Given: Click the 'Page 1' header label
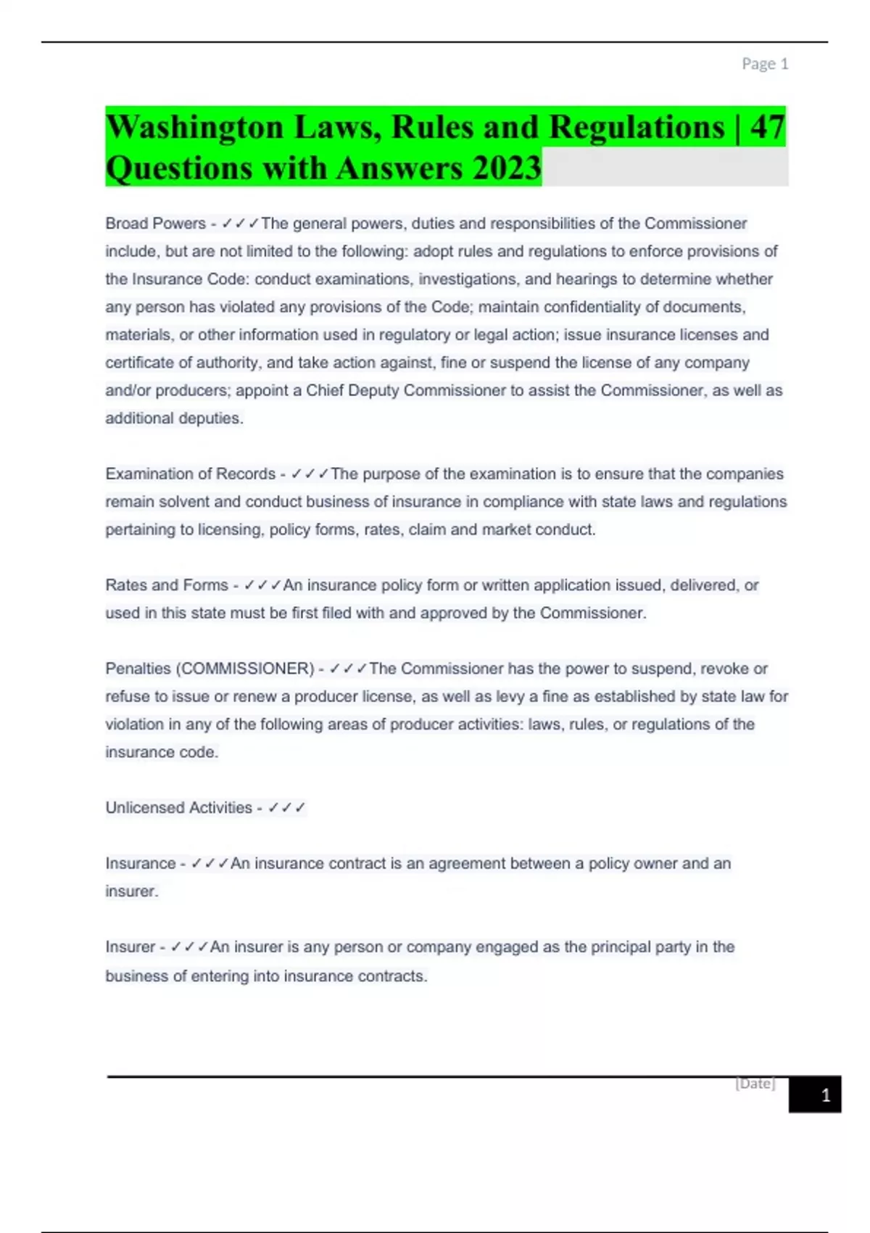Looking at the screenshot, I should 764,64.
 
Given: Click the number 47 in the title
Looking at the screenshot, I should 768,128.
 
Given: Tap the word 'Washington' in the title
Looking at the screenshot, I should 194,128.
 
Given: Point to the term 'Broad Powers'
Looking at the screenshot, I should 155,223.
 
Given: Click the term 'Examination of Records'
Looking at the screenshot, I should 190,474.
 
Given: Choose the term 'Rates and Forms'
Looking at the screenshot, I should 166,585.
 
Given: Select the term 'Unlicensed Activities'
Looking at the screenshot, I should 178,808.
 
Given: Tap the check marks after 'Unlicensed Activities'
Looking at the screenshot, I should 286,808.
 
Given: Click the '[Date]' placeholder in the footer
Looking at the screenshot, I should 755,1084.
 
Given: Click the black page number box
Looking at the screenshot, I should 815,1094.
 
